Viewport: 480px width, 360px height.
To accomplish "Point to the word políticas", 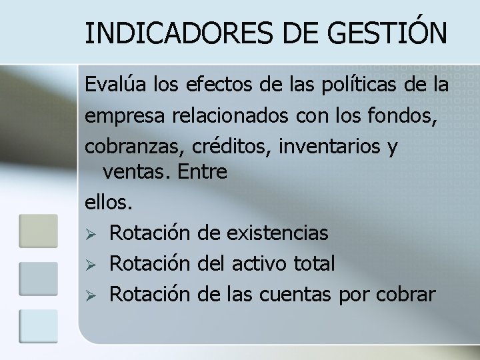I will point(349,86).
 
